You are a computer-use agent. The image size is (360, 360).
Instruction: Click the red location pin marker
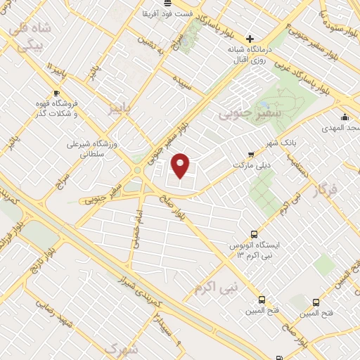181,165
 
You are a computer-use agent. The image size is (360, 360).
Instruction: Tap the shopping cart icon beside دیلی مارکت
251,154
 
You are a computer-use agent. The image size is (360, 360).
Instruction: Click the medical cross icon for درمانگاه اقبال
250,38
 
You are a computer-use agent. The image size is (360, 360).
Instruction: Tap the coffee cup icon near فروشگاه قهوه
56,92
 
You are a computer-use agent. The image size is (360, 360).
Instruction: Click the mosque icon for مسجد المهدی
345,117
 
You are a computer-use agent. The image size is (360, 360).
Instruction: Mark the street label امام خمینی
134,229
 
